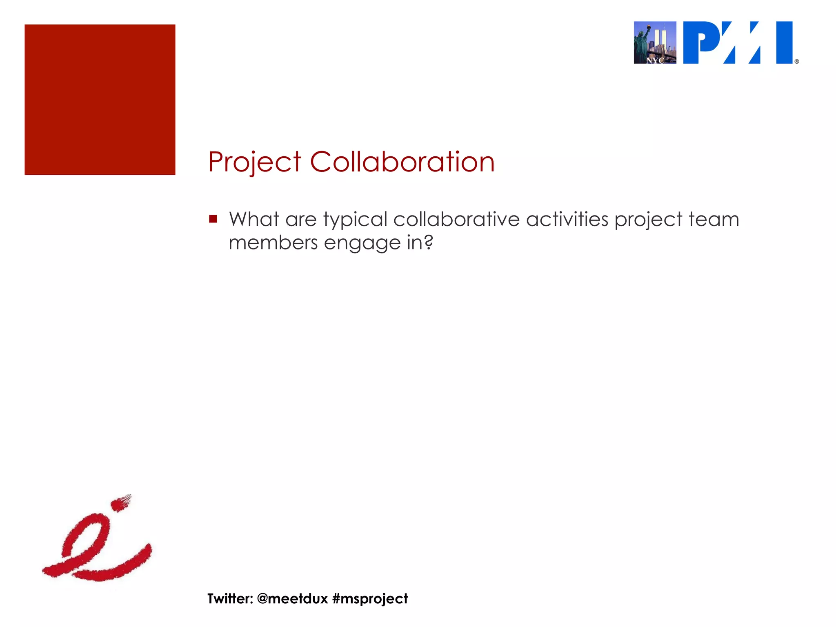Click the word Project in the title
(254, 162)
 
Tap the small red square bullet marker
(213, 219)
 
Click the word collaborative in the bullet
(456, 219)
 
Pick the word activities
(567, 219)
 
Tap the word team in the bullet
(714, 219)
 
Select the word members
(273, 243)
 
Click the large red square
(100, 100)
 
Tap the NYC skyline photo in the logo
(655, 42)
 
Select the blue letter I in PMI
(784, 42)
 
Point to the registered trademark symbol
(797, 62)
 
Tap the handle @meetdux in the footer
(292, 598)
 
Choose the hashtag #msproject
(370, 599)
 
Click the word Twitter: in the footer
(230, 598)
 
